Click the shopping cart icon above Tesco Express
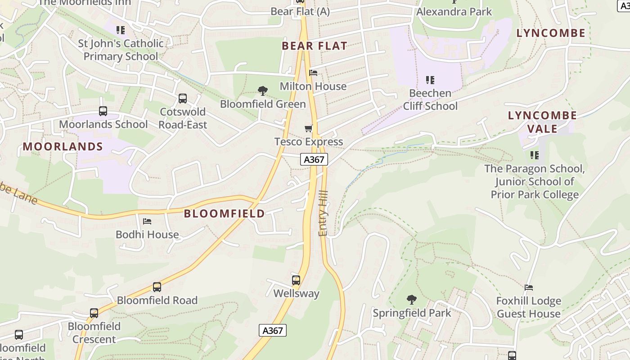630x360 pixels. point(309,129)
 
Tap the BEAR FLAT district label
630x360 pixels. point(315,45)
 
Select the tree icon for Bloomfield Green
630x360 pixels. point(263,91)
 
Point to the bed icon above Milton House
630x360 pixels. point(313,73)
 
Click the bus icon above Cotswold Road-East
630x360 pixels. point(183,99)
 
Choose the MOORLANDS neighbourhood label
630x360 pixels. point(63,146)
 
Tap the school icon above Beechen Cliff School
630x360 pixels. point(430,80)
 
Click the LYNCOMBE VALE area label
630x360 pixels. point(542,122)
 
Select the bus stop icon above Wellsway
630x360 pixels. point(296,280)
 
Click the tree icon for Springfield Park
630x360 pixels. point(411,300)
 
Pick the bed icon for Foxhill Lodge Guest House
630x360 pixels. point(529,288)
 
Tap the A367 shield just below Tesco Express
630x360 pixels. point(314,159)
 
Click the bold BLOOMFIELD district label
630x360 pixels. point(225,213)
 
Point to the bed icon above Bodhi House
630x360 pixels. point(147,221)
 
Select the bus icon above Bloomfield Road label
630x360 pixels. point(157,287)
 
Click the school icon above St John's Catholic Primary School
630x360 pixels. point(121,30)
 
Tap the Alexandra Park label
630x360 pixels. point(454,11)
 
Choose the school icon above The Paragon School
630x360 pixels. point(535,155)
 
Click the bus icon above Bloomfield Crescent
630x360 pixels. point(94,313)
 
